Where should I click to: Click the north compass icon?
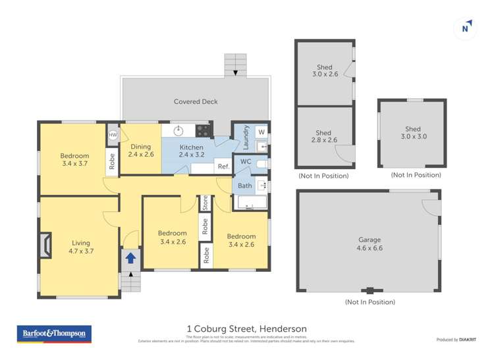466,28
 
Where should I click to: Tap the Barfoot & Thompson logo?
54,334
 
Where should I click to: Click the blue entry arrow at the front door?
131,257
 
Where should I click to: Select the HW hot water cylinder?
113,135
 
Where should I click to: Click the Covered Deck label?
196,101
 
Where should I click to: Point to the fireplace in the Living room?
43,245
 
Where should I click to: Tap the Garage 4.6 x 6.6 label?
370,244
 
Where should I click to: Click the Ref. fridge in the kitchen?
223,167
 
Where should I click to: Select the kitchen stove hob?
202,130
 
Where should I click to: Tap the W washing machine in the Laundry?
261,132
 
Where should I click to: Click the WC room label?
246,161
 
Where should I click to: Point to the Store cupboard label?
205,202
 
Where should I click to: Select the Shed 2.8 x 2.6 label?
323,136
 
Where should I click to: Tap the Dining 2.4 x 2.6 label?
140,151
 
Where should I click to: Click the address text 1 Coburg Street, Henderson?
246,329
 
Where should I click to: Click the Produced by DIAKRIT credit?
456,340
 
